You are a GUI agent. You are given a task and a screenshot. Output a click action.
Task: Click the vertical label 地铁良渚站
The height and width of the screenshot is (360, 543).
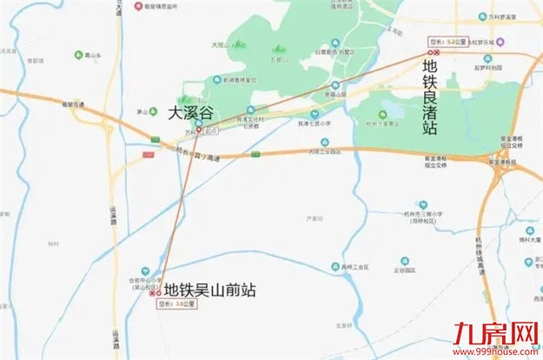pyautogui.click(x=430, y=96)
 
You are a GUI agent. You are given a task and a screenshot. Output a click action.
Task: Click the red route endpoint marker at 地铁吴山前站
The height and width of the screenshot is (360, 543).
pyautogui.click(x=155, y=293)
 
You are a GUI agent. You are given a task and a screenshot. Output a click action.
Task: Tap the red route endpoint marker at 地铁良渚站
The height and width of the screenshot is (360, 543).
pyautogui.click(x=440, y=52)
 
